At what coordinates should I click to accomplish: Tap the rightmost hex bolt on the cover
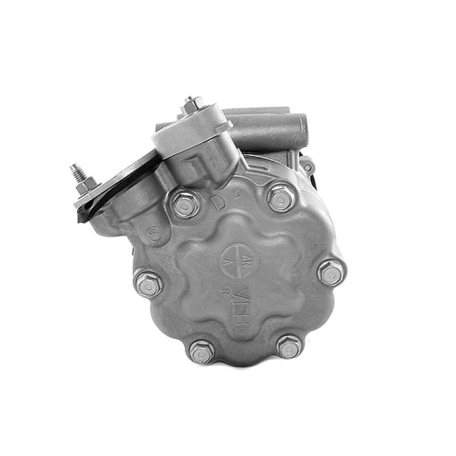tap(331, 272)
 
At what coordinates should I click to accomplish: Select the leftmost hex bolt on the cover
tap(148, 283)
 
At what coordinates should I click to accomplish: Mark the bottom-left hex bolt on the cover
tap(201, 351)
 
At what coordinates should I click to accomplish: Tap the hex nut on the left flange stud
tap(85, 185)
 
